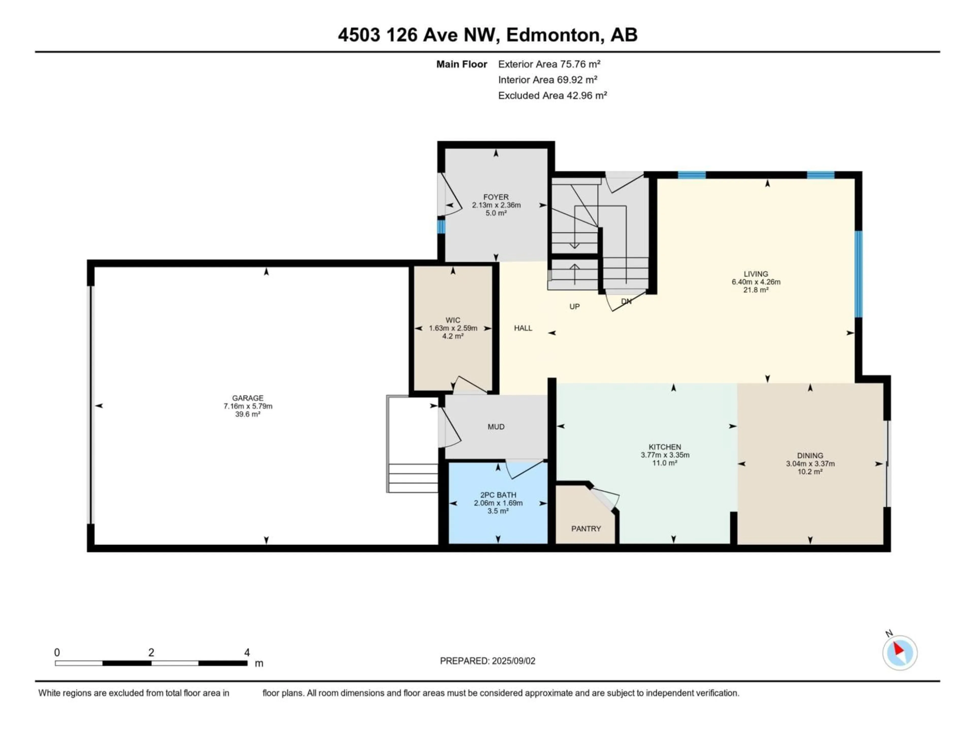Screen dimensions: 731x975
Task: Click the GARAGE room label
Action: [248, 398]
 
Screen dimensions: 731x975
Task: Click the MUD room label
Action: [496, 426]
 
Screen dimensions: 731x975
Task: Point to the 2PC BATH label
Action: [498, 495]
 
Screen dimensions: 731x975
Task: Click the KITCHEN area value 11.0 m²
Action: [665, 463]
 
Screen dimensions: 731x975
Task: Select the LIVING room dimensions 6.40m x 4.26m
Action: [756, 282]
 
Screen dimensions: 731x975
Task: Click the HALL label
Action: [523, 328]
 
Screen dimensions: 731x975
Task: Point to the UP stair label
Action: [574, 307]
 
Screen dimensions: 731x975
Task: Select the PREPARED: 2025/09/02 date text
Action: [487, 661]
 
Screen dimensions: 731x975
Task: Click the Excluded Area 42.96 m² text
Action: [552, 96]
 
